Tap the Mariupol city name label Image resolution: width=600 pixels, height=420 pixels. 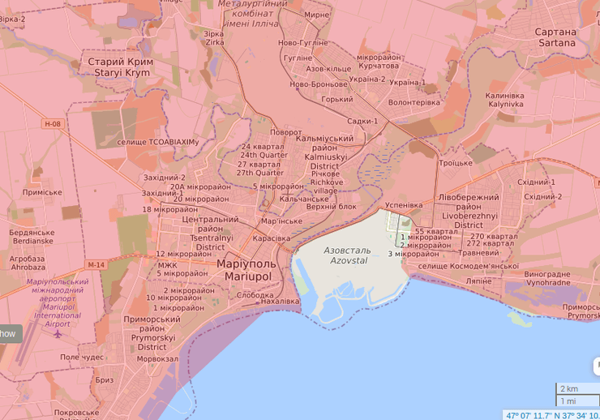(246, 270)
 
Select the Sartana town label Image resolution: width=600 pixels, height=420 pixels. (555, 37)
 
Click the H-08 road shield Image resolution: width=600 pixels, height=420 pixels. (53, 124)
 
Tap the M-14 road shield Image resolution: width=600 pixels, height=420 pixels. (96, 265)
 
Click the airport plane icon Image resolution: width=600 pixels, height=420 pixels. (58, 333)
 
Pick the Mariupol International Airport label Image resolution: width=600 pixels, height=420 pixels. (58, 303)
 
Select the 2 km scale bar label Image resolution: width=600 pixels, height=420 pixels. (568, 388)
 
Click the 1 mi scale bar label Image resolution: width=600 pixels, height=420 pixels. (568, 401)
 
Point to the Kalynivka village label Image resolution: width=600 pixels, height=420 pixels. (505, 100)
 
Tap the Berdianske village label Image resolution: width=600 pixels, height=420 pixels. (31, 236)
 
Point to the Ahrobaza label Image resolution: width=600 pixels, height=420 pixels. (28, 263)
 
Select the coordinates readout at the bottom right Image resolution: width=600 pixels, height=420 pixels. (551, 415)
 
